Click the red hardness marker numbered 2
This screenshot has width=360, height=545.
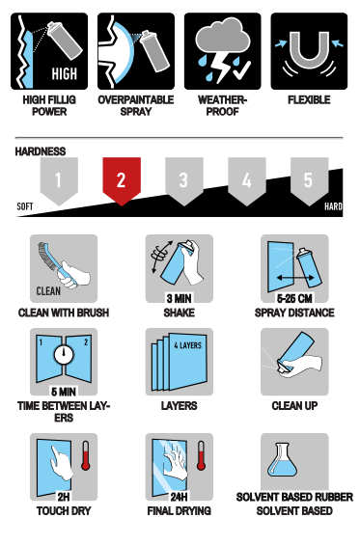122,180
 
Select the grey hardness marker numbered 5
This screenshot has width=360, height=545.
309,180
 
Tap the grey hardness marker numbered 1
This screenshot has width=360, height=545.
59,180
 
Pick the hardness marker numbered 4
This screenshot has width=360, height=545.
247,180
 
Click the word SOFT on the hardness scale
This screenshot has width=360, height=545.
25,206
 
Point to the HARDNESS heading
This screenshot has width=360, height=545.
41,151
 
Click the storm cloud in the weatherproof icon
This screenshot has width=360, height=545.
223,37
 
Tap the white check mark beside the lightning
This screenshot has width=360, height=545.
241,69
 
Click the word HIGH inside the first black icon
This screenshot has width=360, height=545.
65,73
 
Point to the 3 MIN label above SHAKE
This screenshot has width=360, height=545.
179,298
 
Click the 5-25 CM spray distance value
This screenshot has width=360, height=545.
294,298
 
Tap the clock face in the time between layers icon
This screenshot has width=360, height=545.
64,354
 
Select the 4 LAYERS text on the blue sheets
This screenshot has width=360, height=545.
188,345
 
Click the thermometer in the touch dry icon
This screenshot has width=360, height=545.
86,455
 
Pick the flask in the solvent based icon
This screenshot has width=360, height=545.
282,460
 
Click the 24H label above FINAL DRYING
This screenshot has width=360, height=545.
179,497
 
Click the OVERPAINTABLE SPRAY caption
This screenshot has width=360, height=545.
136,106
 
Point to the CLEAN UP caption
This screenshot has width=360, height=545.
294,406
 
